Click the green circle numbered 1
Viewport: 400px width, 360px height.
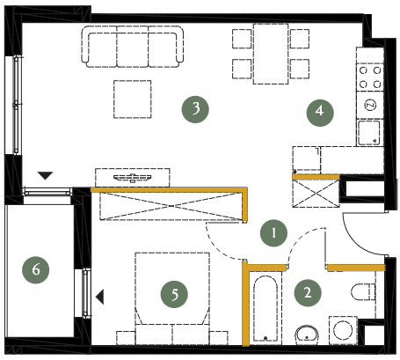[x=273, y=233]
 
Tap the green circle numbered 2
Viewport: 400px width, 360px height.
[x=308, y=293]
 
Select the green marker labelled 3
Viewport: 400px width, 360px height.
[x=195, y=109]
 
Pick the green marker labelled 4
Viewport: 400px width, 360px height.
[x=320, y=113]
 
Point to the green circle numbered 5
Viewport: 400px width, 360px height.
[x=174, y=294]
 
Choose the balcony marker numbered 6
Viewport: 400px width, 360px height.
[x=36, y=270]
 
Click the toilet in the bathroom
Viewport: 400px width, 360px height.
[x=363, y=291]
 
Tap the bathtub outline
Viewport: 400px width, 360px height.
[x=265, y=308]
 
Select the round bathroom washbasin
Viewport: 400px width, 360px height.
[x=307, y=335]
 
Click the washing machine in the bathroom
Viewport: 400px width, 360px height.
[x=343, y=330]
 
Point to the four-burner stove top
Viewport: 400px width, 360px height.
[x=370, y=77]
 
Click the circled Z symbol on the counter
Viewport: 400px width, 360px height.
[x=370, y=105]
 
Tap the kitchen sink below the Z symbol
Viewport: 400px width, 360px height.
[x=369, y=133]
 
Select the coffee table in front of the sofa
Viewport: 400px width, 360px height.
[x=133, y=99]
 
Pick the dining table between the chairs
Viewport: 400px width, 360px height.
[x=271, y=54]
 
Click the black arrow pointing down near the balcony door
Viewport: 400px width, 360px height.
[x=45, y=175]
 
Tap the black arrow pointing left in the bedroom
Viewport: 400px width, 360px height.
[x=100, y=297]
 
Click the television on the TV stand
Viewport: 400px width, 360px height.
[x=133, y=178]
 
